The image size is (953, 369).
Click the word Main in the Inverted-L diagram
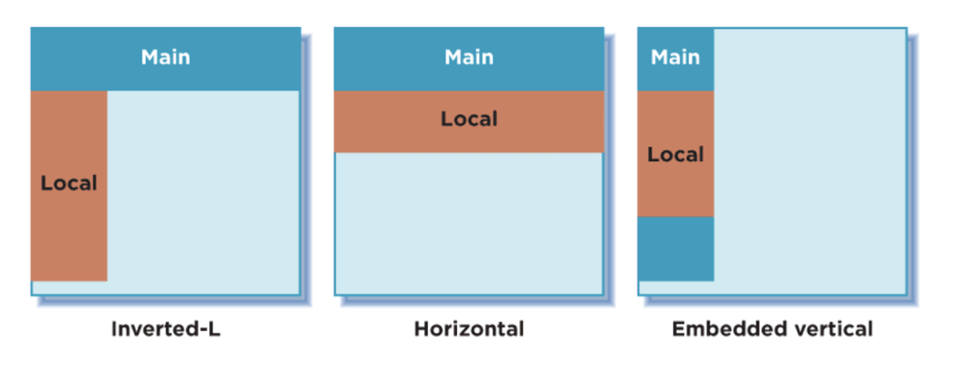click(x=166, y=58)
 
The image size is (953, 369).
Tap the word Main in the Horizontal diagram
click(x=469, y=58)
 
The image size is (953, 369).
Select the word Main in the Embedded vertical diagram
click(x=675, y=58)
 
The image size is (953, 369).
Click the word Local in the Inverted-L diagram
click(x=69, y=184)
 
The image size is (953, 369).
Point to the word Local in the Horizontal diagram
click(x=469, y=119)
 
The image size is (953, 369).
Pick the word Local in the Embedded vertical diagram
click(x=675, y=155)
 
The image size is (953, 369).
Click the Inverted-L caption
click(x=166, y=329)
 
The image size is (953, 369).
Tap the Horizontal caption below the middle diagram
click(x=469, y=329)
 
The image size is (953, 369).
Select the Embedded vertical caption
click(x=772, y=329)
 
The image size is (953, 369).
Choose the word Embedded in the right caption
click(x=720, y=329)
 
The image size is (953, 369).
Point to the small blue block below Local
click(x=675, y=249)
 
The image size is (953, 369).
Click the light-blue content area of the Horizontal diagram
click(x=469, y=224)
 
